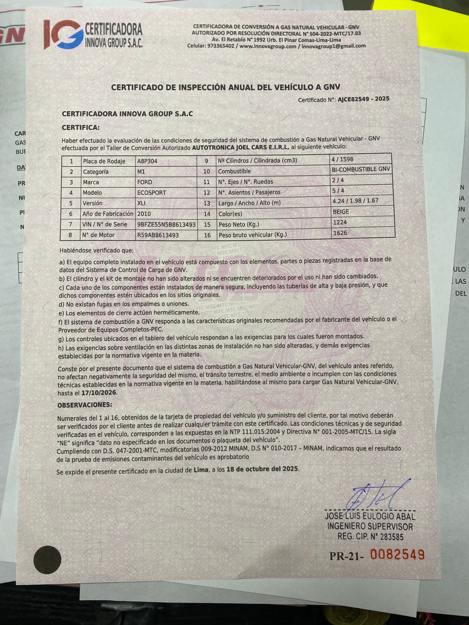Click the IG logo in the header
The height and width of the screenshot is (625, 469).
click(x=63, y=34)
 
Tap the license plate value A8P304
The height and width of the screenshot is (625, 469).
click(x=147, y=161)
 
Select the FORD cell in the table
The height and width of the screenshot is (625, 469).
click(x=145, y=182)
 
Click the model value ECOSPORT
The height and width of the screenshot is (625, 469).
click(x=151, y=193)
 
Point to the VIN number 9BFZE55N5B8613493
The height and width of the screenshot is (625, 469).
click(x=166, y=225)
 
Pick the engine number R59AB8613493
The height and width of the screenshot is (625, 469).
click(x=158, y=235)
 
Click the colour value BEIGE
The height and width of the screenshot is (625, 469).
click(x=340, y=212)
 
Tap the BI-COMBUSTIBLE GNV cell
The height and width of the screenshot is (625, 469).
click(x=361, y=169)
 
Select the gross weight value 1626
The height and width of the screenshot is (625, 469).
click(x=340, y=233)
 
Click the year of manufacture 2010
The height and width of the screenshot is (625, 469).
click(x=144, y=214)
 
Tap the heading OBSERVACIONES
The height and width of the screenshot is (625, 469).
click(x=84, y=405)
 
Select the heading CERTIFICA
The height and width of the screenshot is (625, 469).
click(x=81, y=127)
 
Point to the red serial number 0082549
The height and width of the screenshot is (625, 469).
click(x=397, y=555)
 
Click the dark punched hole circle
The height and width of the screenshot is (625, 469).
click(x=47, y=559)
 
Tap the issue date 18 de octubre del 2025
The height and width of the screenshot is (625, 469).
click(x=262, y=469)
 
